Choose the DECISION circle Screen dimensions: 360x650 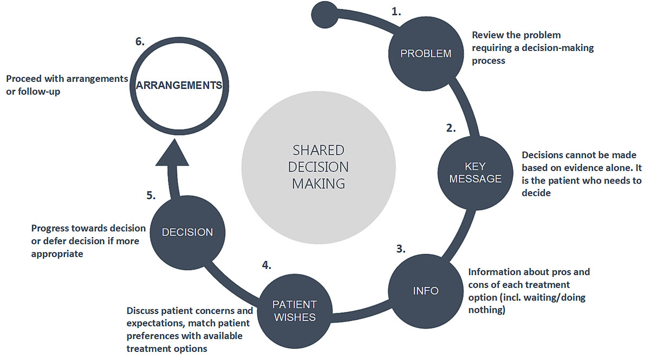click(x=187, y=232)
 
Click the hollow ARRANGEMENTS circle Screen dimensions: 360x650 click(x=179, y=86)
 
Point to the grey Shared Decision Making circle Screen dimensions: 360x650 click(x=318, y=167)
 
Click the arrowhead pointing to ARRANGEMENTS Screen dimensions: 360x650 click(x=172, y=153)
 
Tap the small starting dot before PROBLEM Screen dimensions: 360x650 click(x=324, y=14)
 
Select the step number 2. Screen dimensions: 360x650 click(x=451, y=128)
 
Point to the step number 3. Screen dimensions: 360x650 click(x=400, y=249)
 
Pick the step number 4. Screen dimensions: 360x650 click(x=266, y=265)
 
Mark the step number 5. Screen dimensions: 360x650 click(x=151, y=195)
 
